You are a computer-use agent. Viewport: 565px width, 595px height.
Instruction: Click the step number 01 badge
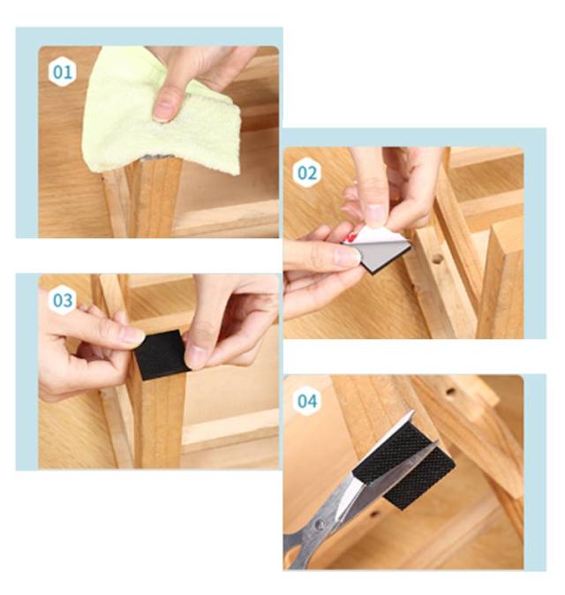[62, 72]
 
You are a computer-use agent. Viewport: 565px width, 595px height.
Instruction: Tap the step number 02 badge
[307, 173]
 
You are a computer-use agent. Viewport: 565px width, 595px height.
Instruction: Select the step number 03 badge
[62, 300]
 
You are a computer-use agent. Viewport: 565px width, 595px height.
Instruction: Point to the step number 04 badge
[307, 401]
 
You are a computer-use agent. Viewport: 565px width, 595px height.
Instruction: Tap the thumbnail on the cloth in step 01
[164, 109]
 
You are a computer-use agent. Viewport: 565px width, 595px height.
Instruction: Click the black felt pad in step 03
[162, 354]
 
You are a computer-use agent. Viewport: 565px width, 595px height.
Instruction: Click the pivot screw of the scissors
[320, 524]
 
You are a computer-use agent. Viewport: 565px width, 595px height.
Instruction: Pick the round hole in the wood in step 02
[438, 260]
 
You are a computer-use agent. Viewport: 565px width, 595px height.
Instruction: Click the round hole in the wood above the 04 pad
[451, 391]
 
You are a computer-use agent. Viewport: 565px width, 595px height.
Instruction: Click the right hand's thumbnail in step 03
[192, 354]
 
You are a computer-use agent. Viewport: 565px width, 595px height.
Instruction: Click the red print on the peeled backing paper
[350, 238]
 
